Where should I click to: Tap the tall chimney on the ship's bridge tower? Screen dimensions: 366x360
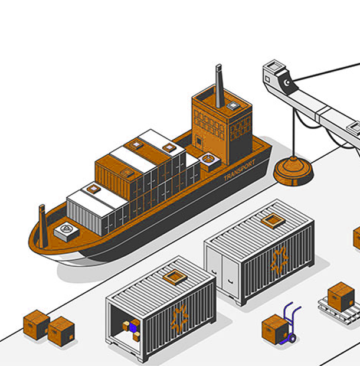pos(220,87)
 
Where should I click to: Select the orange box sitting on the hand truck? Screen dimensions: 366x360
pos(274,328)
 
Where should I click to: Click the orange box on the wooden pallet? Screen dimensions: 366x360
pos(341,295)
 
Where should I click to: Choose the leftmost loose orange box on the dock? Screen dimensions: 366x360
pos(36,324)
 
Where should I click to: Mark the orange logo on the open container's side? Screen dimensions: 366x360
pos(179,317)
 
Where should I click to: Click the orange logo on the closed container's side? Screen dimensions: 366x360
pos(279,260)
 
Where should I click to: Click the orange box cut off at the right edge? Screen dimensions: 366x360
pos(356,238)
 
